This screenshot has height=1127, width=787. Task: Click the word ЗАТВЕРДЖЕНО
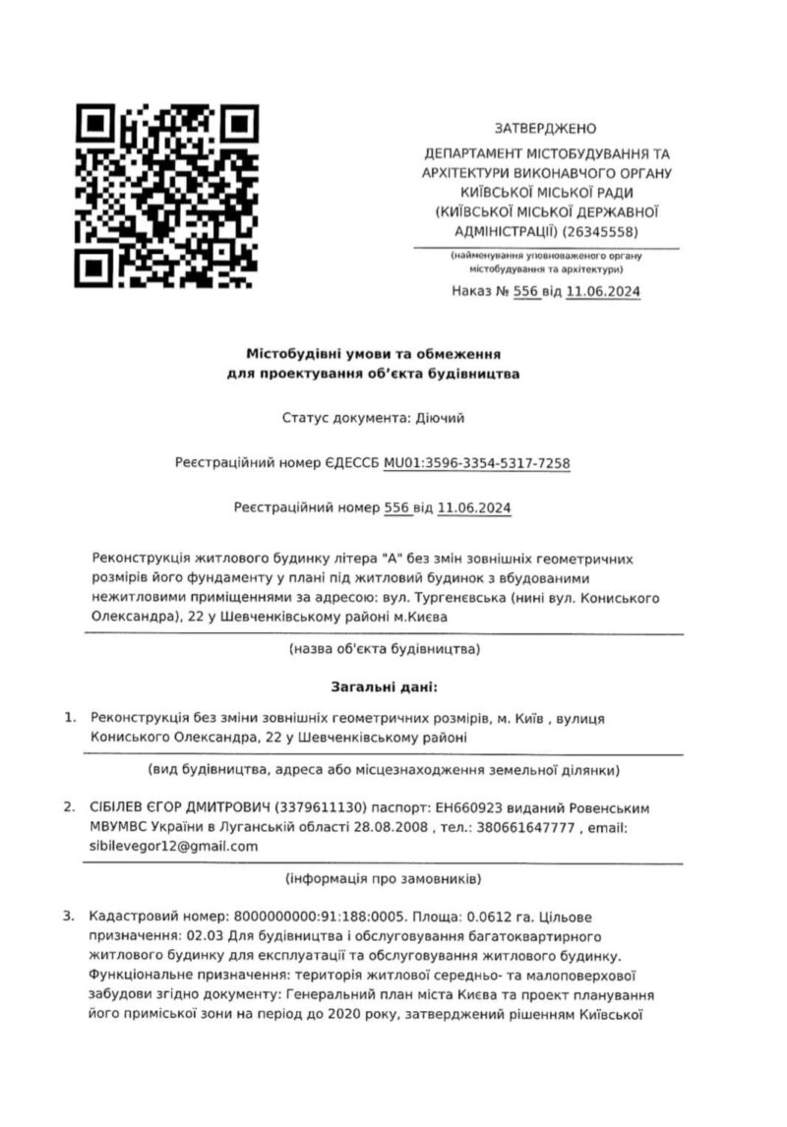pos(545,129)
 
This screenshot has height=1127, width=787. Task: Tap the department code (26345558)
pos(601,232)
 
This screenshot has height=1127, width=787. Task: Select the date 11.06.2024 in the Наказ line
pos(604,292)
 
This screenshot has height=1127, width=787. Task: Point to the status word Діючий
pos(438,418)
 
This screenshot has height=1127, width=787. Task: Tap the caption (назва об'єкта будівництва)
pos(384,650)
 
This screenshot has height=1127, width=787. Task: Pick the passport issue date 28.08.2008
pos(392,827)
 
